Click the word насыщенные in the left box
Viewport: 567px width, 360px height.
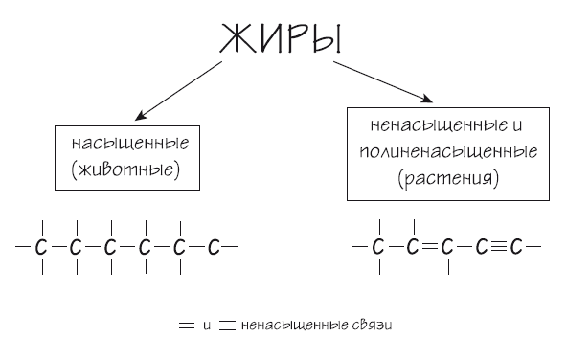pyautogui.click(x=130, y=144)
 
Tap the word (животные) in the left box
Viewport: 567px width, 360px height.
pyautogui.click(x=130, y=170)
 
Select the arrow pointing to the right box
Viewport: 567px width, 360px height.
pyautogui.click(x=383, y=83)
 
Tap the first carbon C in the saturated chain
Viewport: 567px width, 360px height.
pyautogui.click(x=41, y=248)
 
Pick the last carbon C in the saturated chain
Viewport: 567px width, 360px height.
pyautogui.click(x=214, y=248)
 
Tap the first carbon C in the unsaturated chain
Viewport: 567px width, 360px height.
pyautogui.click(x=378, y=248)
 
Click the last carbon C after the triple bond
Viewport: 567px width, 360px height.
pyautogui.click(x=516, y=248)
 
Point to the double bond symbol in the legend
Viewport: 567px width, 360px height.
pyautogui.click(x=187, y=326)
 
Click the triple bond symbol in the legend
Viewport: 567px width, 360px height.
pyautogui.click(x=227, y=326)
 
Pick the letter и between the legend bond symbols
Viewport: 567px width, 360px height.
pyautogui.click(x=207, y=326)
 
